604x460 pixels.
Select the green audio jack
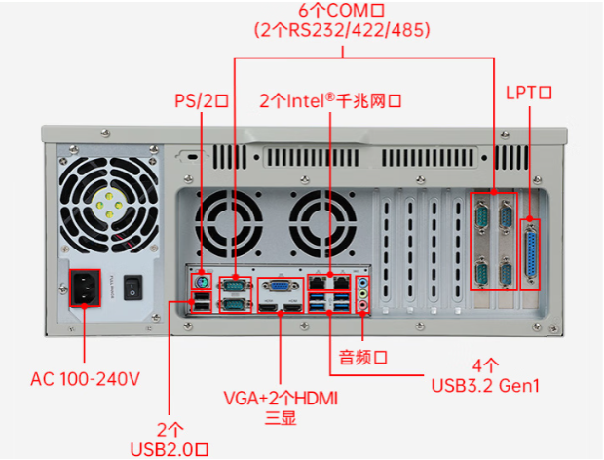[363, 291]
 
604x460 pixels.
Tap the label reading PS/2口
[201, 99]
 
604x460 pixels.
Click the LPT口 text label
[529, 93]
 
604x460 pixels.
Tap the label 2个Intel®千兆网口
[331, 99]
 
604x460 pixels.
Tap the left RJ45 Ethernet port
[321, 282]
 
